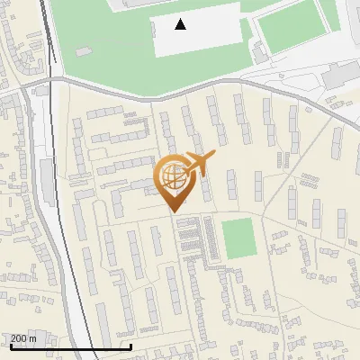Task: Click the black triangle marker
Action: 181,24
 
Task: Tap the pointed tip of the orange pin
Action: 173,211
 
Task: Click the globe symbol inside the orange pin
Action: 172,175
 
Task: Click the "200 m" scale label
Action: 23,338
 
